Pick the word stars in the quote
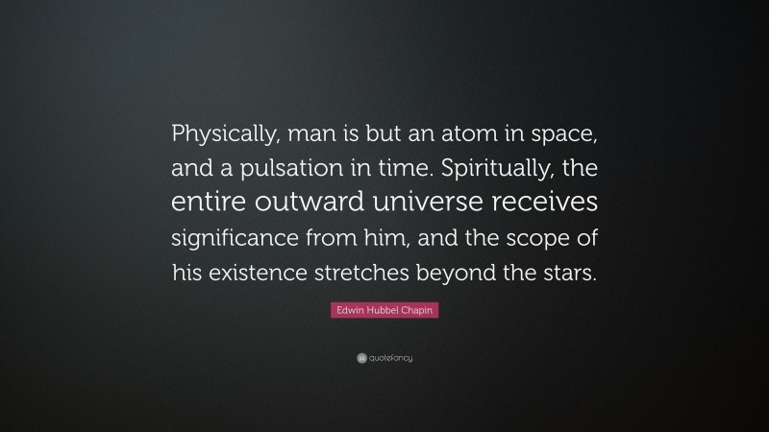567,272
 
